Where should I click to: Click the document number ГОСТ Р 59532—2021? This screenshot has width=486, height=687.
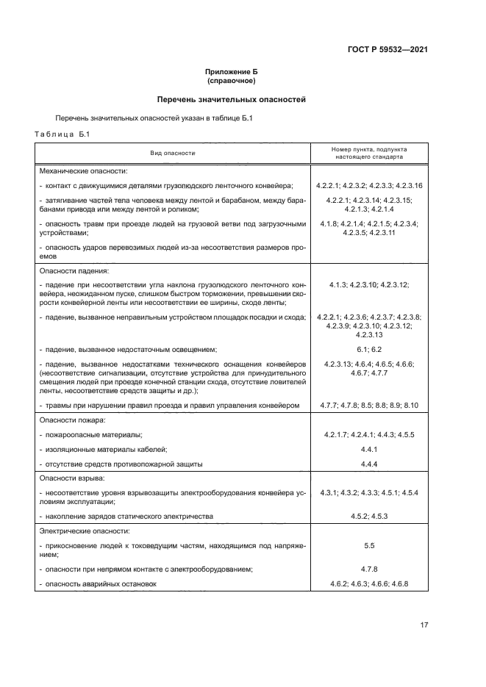[x=387, y=50]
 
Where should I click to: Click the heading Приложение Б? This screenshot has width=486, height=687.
[x=232, y=72]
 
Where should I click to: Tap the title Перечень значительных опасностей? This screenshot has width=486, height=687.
[x=232, y=99]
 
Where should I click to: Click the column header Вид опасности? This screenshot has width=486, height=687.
[x=173, y=153]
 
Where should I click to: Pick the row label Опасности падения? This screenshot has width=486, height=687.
[x=73, y=270]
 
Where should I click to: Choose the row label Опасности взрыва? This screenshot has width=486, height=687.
[x=72, y=478]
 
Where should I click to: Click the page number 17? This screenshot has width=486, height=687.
[x=424, y=625]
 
